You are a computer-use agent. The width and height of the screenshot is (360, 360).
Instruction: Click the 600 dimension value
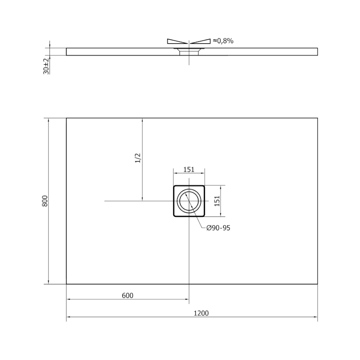pyautogui.click(x=128, y=295)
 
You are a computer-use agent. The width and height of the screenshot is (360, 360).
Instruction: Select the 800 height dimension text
pyautogui.click(x=45, y=201)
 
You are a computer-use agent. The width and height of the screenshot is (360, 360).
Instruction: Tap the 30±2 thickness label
pyautogui.click(x=46, y=66)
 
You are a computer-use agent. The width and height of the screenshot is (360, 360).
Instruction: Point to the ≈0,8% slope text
pyautogui.click(x=223, y=41)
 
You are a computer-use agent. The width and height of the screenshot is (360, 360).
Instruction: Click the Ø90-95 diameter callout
pyautogui.click(x=218, y=228)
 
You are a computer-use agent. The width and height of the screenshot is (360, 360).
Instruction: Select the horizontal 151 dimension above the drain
pyautogui.click(x=189, y=170)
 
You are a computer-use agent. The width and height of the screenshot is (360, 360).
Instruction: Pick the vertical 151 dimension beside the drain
pyautogui.click(x=216, y=201)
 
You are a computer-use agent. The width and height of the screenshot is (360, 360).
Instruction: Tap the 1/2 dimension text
pyautogui.click(x=138, y=158)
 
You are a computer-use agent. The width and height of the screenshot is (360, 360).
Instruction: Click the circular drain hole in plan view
pyautogui.click(x=189, y=201)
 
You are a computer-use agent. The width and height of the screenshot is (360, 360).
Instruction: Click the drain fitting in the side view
pyautogui.click(x=189, y=51)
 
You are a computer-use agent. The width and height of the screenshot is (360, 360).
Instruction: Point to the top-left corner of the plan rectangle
pyautogui.click(x=67, y=118)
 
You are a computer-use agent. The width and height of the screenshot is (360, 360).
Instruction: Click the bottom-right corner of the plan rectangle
pyautogui.click(x=318, y=284)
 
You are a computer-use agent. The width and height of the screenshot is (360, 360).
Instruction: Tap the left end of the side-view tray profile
pyautogui.click(x=67, y=52)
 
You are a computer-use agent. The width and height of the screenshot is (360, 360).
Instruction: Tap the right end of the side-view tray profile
pyautogui.click(x=317, y=52)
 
